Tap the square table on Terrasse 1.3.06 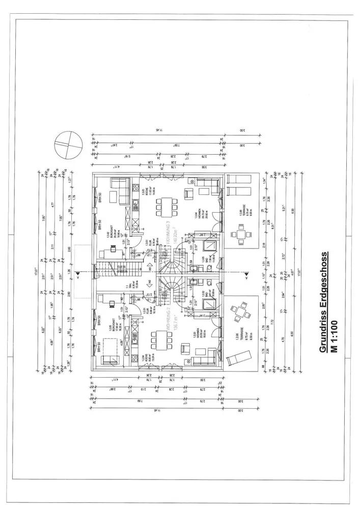240,235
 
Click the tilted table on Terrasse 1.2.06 238,312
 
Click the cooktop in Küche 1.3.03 136,206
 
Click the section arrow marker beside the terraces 245,275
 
